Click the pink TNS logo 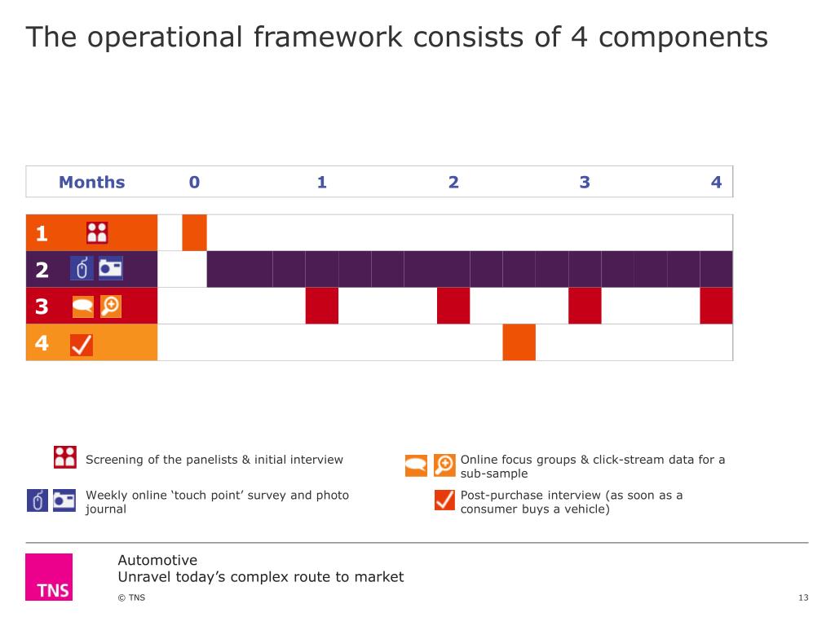[49, 577]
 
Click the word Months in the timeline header [91, 182]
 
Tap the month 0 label [194, 182]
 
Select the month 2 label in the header [453, 182]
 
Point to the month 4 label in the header [716, 182]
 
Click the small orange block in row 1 [194, 233]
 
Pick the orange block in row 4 [519, 342]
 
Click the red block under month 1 [322, 306]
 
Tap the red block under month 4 [716, 306]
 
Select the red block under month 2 [453, 306]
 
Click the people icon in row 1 [97, 233]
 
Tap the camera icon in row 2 [110, 269]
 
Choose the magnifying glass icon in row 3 [110, 306]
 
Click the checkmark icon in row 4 [82, 345]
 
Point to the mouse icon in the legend [38, 500]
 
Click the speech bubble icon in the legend [416, 465]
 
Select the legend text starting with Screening [214, 460]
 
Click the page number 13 [803, 598]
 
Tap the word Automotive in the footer [157, 560]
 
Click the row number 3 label [42, 306]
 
